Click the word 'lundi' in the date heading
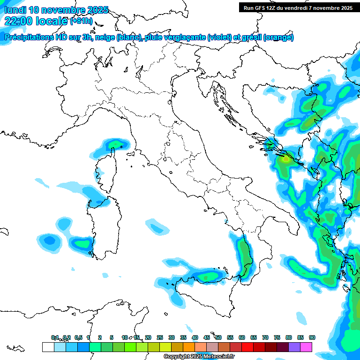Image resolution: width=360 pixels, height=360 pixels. (15, 10)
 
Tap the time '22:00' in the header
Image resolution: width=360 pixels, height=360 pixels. (18, 21)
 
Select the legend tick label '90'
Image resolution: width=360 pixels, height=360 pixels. (312, 337)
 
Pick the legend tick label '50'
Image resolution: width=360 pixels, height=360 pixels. (218, 337)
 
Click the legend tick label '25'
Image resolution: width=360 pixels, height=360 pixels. (160, 337)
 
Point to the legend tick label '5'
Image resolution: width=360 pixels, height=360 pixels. (112, 337)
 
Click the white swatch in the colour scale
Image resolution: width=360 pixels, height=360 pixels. (48, 347)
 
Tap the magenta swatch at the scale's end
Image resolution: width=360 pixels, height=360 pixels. (306, 347)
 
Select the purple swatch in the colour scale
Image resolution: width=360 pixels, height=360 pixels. (294, 347)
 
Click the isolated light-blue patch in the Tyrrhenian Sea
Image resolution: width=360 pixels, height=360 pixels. (157, 226)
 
